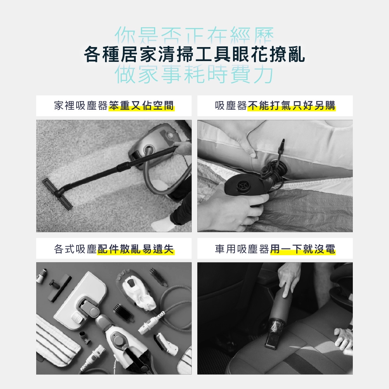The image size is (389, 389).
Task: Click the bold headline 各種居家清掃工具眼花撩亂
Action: [x=194, y=54]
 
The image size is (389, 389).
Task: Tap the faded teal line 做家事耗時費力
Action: [x=194, y=74]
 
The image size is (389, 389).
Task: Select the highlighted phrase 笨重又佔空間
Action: [x=142, y=106]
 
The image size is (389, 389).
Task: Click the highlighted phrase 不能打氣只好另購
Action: [x=291, y=106]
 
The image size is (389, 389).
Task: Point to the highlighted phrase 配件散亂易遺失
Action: [x=136, y=249]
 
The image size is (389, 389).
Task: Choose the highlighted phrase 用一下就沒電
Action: [x=303, y=249]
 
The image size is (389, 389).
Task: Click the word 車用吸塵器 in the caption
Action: [x=242, y=249]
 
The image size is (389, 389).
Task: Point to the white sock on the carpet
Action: [x=161, y=224]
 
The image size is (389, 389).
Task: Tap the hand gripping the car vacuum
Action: [x=289, y=278]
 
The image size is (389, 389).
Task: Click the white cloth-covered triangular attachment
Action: [x=138, y=291]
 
